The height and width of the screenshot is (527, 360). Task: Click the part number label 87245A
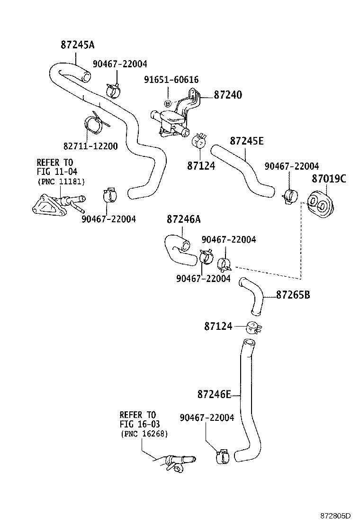(x=78, y=45)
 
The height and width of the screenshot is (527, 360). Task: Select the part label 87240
(x=228, y=95)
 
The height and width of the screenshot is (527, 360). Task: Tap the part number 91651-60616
(x=171, y=80)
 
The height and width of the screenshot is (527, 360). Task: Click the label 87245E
(x=247, y=141)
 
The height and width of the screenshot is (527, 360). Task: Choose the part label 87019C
(x=328, y=179)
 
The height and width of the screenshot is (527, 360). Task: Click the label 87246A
(x=183, y=219)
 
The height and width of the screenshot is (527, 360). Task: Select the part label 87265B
(x=293, y=295)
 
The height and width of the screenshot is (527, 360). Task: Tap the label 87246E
(x=214, y=394)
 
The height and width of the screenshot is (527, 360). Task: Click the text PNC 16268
(x=144, y=434)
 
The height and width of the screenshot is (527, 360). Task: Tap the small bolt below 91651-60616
(x=167, y=103)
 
